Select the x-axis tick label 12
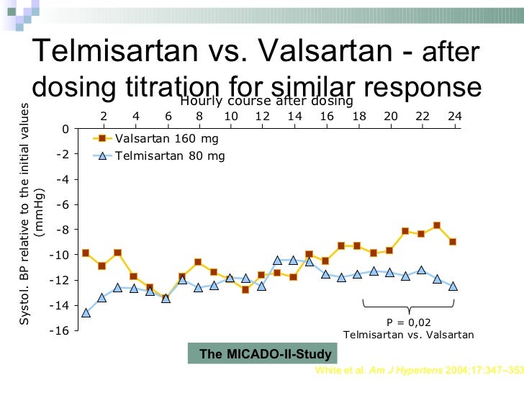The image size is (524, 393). click(263, 116)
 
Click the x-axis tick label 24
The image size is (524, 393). click(453, 116)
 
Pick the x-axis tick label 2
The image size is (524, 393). click(104, 116)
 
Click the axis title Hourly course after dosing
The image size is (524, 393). click(266, 101)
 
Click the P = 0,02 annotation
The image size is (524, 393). click(409, 322)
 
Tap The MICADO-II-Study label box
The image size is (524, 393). click(266, 354)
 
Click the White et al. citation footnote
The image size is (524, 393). click(417, 371)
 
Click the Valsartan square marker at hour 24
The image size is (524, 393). click(453, 242)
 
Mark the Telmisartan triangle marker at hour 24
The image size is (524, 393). click(453, 286)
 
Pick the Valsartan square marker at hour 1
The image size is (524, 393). click(86, 253)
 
